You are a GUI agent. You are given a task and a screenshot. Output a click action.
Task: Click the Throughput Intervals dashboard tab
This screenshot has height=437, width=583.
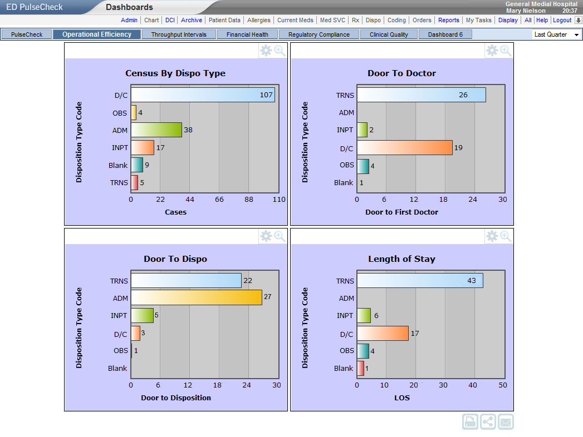coord(178,34)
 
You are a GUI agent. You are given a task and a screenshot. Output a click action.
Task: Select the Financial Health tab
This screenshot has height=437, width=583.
coord(247,34)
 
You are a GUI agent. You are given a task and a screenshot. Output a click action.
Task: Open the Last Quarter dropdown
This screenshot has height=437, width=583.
coord(556,34)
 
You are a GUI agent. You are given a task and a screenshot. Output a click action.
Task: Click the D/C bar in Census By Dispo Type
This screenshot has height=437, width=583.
coord(203,95)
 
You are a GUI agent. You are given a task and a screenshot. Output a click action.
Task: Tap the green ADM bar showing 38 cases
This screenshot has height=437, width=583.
coord(156,130)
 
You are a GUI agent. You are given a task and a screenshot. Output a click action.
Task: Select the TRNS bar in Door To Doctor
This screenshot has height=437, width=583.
coord(421,95)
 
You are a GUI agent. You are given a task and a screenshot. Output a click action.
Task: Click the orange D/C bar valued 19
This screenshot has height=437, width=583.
coord(404,147)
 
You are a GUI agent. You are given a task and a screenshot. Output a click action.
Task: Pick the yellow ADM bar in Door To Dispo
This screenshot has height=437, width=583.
coord(196,298)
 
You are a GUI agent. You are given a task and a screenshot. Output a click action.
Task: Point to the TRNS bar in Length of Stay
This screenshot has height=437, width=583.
coord(420,281)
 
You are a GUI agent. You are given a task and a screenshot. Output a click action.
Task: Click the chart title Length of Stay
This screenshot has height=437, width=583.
coord(401,259)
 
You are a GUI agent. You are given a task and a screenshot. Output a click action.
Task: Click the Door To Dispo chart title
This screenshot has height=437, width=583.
coord(175,259)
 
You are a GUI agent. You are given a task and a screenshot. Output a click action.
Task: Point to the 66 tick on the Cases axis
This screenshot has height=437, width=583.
coord(219,200)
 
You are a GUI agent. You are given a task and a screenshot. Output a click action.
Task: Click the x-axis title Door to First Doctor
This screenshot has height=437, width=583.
coord(401,212)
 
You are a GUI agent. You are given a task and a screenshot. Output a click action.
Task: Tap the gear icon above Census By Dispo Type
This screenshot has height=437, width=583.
coord(266,51)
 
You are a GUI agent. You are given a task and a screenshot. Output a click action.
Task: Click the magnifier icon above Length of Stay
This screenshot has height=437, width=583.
coord(506,236)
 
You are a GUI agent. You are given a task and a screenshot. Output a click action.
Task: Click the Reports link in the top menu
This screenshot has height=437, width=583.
coord(449,20)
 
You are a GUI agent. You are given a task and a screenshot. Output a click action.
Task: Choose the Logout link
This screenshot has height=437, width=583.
coord(562,20)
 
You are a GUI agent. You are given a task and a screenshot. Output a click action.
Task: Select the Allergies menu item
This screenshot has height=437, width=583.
coord(259,20)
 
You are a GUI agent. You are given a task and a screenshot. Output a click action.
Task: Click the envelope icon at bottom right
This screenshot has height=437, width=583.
coord(506,421)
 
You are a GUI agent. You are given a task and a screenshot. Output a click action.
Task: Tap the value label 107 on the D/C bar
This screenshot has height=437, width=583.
coord(266,95)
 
